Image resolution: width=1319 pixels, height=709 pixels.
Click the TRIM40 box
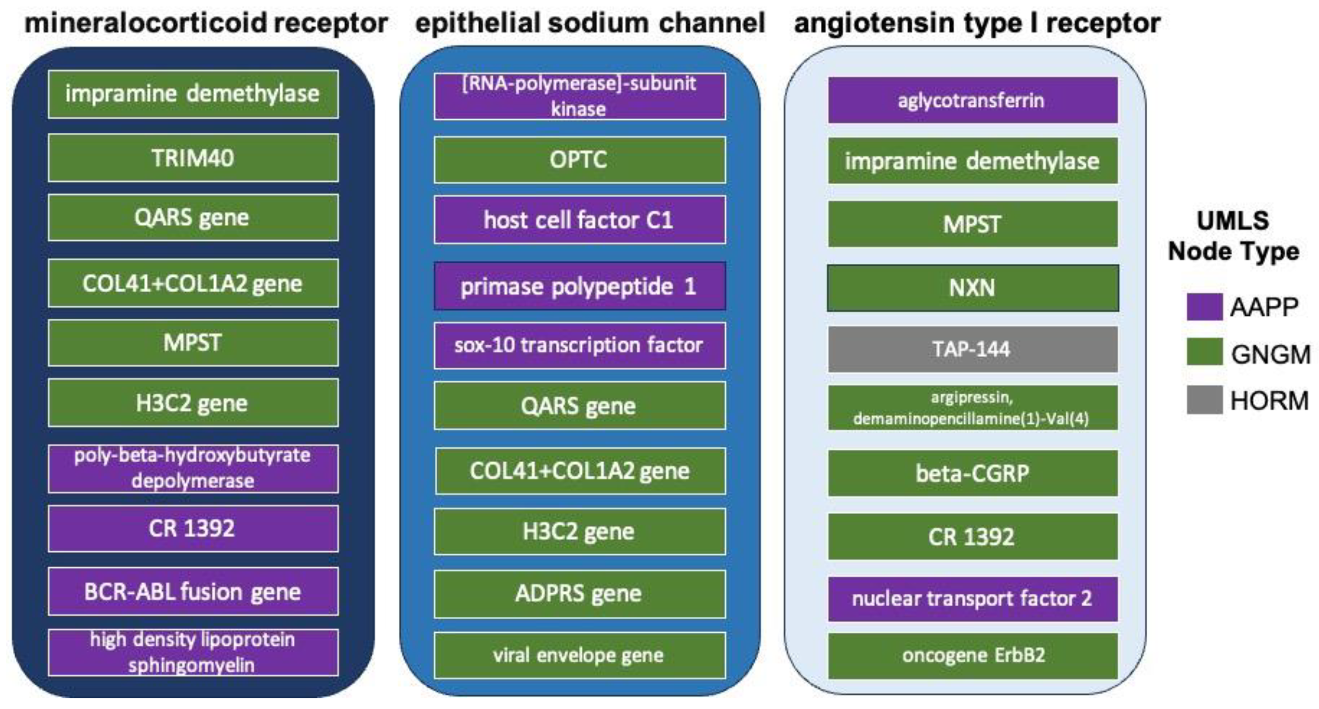coord(193,158)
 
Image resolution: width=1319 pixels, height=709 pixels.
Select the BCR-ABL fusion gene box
coord(193,591)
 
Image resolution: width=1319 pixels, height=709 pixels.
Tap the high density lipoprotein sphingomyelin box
coord(193,653)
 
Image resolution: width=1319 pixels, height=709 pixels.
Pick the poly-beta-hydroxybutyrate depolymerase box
coord(193,468)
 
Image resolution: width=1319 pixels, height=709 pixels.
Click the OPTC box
coord(579,160)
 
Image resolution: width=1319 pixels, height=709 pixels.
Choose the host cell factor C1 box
coord(579,220)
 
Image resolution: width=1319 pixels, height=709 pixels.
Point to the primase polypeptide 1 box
coord(579,286)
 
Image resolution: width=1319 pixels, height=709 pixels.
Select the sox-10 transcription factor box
coord(579,345)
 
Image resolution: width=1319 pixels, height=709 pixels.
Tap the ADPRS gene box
coord(579,593)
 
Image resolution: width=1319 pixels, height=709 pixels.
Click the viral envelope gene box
coord(579,655)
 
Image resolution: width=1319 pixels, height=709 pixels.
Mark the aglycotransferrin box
coord(972,101)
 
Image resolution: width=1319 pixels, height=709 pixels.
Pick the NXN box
coord(972,288)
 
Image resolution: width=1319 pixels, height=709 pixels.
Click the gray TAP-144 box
coord(972,349)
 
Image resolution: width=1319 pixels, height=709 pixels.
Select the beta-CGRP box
coord(972,473)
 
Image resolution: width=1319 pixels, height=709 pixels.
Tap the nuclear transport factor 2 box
coord(972,599)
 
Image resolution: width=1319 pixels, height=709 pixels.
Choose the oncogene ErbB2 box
coord(972,655)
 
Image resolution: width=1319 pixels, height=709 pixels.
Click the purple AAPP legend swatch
coord(1204,307)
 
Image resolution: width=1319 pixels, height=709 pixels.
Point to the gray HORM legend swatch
coord(1204,400)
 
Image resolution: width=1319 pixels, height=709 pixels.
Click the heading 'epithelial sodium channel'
coord(590,24)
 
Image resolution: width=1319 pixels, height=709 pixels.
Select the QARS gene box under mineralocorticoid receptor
coord(193,218)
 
